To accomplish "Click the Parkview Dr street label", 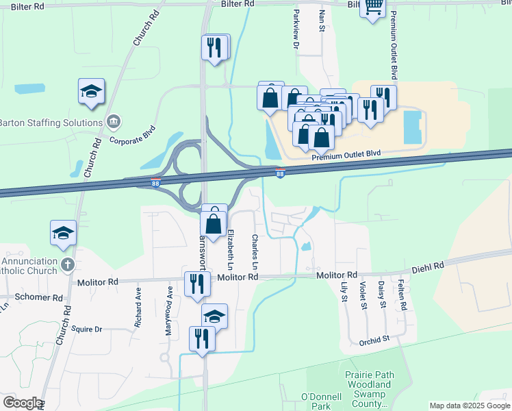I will pos(296,34).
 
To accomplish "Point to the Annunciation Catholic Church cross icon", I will pos(67,263).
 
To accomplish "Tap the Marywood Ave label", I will pos(168,310).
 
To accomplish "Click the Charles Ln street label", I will pos(255,251).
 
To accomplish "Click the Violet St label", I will pos(363,297).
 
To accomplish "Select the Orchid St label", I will pos(375,338).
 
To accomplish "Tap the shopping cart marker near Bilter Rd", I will pos(372,8).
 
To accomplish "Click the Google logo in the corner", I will pos(22,403).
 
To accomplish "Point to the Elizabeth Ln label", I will pos(231,247).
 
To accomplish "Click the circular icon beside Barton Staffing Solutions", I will pos(114,123).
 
